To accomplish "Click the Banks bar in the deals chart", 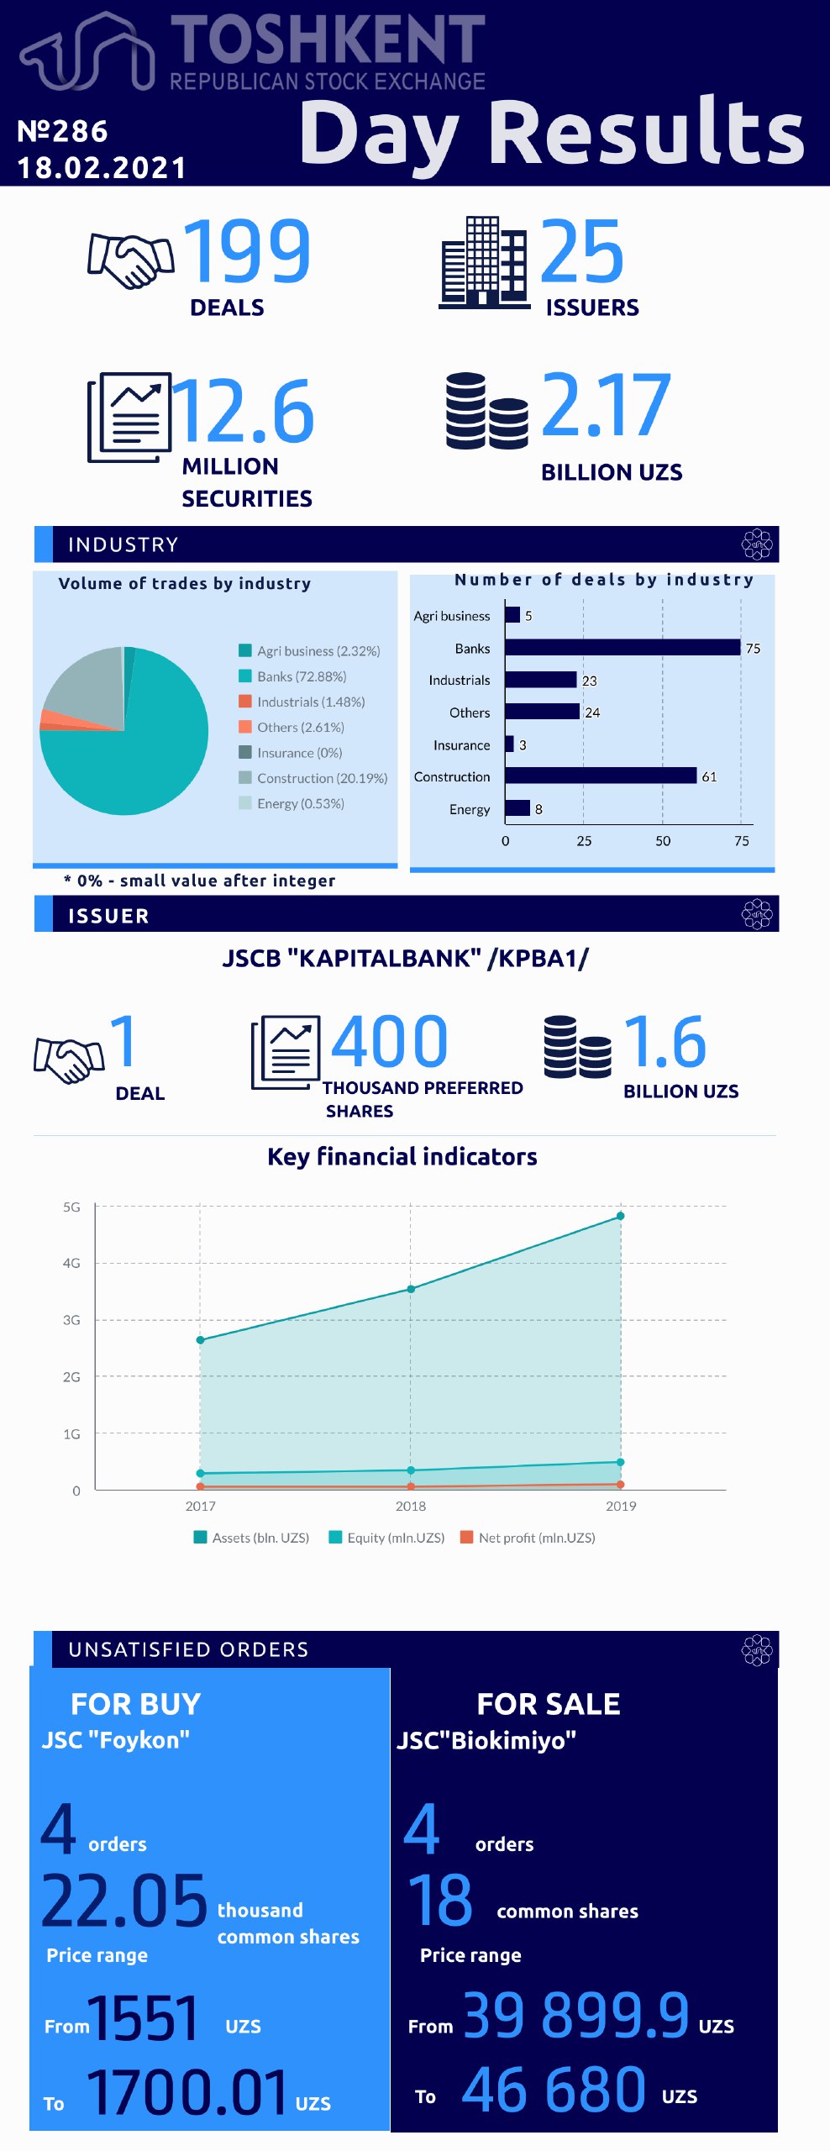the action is tap(622, 647).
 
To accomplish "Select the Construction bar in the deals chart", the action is tap(601, 776).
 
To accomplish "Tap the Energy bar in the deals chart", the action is tap(517, 808).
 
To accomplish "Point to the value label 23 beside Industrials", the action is tap(590, 681).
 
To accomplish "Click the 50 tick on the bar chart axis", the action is tap(663, 841).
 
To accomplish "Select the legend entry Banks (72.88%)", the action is tap(292, 676).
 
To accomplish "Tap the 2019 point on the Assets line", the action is tap(621, 1216).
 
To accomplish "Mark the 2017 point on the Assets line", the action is tap(200, 1340).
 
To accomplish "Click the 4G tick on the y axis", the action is tap(71, 1263).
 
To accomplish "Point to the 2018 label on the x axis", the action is tap(411, 1507).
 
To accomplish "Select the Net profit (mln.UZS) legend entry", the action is tap(528, 1538).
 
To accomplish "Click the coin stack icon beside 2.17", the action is tap(487, 411).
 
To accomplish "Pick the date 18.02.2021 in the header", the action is tap(102, 168).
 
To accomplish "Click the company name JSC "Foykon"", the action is tap(116, 1739).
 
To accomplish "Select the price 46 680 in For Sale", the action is tap(554, 2090).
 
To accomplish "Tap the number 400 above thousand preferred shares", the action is tap(389, 1042).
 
